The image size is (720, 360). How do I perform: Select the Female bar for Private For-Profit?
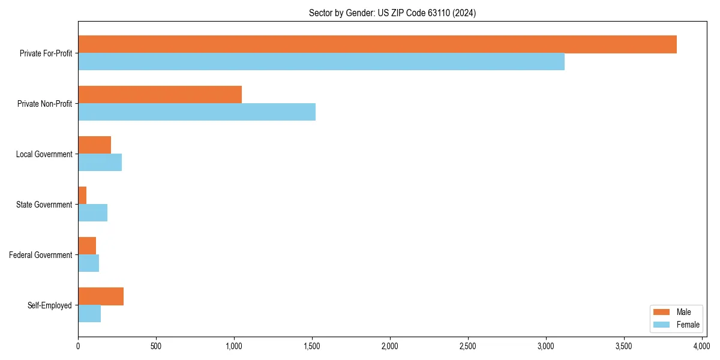click(321, 62)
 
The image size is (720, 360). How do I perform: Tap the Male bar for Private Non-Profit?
click(160, 95)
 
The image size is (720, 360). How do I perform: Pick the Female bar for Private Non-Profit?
click(196, 112)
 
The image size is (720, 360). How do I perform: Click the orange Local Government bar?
click(94, 145)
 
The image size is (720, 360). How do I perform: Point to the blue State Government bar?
click(92, 213)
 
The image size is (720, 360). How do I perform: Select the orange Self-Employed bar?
click(101, 296)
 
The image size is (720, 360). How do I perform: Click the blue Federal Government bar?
click(88, 263)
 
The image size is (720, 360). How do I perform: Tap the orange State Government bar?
click(82, 196)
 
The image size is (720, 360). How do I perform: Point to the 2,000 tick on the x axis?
click(390, 346)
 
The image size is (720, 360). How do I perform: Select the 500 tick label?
click(156, 346)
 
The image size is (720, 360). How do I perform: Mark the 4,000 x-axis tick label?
click(701, 346)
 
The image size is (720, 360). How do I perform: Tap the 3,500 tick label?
click(623, 346)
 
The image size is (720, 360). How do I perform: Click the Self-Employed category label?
click(50, 305)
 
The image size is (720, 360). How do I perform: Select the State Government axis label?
click(44, 205)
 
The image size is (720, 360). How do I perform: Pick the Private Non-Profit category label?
click(44, 104)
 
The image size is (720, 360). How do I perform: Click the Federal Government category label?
click(41, 255)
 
